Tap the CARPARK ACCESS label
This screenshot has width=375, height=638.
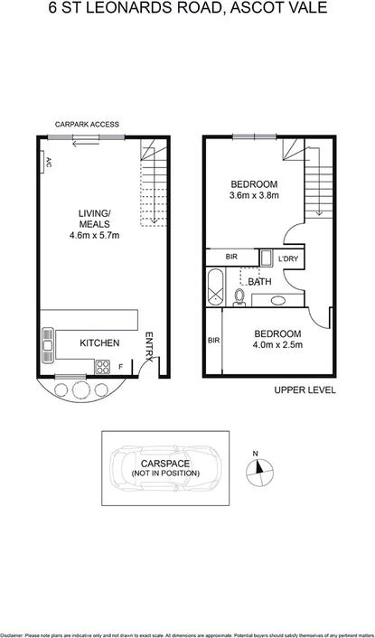tap(87, 125)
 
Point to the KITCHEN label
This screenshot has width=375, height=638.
tap(100, 343)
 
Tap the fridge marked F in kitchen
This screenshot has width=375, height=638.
tap(122, 366)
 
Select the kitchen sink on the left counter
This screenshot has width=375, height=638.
tap(48, 343)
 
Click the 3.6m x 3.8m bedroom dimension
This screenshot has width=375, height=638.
tap(254, 194)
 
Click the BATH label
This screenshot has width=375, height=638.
tap(260, 282)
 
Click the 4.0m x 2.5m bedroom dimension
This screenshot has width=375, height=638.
tap(277, 344)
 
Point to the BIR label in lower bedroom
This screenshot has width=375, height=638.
tap(214, 341)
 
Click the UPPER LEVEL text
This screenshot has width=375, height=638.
tap(305, 390)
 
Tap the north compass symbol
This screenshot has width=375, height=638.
tap(262, 466)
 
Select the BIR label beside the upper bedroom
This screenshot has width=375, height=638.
tap(231, 257)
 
